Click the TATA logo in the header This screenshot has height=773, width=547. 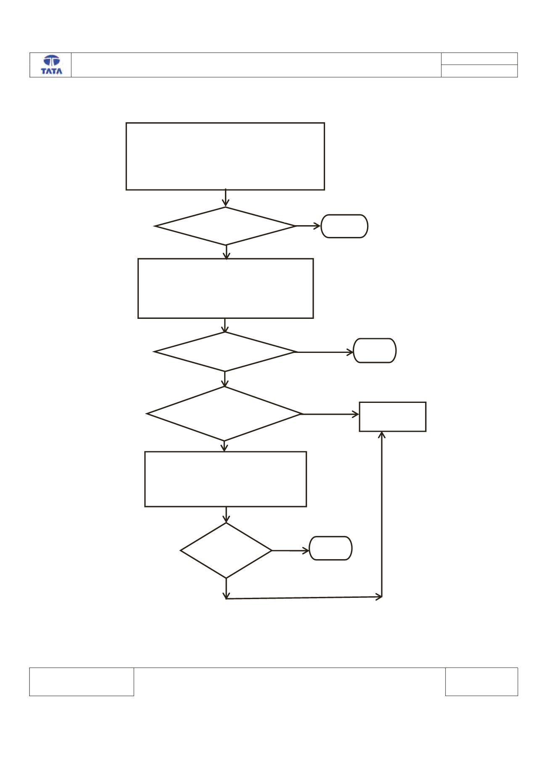coord(51,65)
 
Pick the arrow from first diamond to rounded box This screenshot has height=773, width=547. coord(308,226)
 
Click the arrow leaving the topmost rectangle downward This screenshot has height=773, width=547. coord(226,198)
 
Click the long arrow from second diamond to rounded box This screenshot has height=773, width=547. coord(325,352)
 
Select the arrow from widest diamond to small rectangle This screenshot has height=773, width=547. coord(330,414)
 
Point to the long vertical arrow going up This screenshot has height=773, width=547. coord(382,514)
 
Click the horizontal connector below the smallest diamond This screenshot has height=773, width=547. coord(304,597)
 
